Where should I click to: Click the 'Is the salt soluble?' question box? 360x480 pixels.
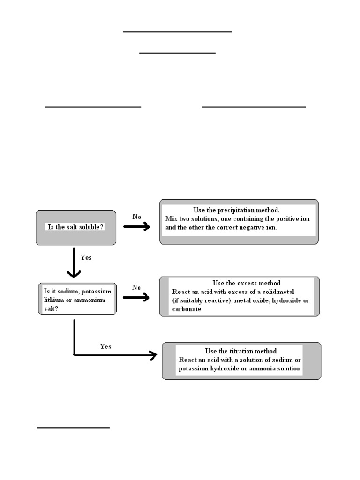(76, 228)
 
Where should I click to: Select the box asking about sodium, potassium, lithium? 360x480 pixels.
(77, 299)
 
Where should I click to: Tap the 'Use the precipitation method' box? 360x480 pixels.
(239, 222)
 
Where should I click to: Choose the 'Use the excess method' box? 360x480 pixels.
(240, 296)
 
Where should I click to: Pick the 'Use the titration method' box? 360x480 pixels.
(241, 361)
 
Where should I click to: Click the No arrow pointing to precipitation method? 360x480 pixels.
(136, 226)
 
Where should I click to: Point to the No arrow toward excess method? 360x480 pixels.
(136, 297)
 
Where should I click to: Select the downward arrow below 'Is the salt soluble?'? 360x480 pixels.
(74, 262)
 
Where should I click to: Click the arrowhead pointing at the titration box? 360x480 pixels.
(153, 355)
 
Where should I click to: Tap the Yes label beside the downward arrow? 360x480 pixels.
(86, 257)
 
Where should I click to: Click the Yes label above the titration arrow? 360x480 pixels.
(105, 346)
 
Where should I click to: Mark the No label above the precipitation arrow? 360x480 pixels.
(136, 217)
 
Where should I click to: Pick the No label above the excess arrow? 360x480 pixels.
(136, 287)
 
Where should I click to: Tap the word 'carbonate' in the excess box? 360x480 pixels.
(187, 309)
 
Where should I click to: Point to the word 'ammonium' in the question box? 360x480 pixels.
(90, 300)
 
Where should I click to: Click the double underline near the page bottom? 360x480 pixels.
(74, 427)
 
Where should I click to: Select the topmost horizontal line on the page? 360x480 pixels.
(177, 31)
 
